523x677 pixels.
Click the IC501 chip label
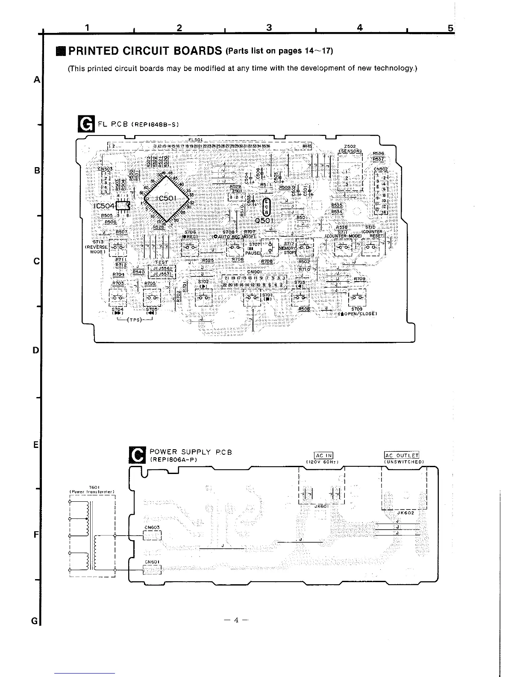click(164, 199)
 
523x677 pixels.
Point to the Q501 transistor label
click(264, 221)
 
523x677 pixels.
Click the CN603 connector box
click(152, 535)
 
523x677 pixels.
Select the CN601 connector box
click(152, 569)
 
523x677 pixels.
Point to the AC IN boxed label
click(323, 455)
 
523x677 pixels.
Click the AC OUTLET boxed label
click(402, 455)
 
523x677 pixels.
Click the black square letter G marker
click(84, 124)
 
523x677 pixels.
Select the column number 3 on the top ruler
click(269, 28)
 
